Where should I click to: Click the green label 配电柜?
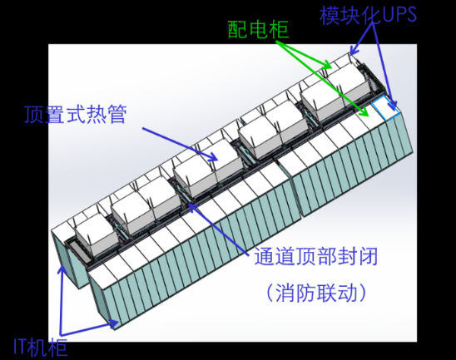coord(258,30)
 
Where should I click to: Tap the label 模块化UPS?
coord(368,14)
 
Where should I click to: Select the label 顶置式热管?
coord(76,114)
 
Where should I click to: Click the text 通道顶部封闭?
coord(316,257)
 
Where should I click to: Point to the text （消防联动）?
coord(316,293)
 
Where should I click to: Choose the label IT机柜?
coord(41,348)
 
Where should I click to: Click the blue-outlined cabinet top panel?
coord(385,107)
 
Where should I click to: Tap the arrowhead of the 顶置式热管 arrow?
coord(213,157)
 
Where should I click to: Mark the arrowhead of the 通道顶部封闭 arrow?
coord(191,206)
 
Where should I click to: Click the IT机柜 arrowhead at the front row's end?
coord(114,323)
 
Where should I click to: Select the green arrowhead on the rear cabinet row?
coord(328,65)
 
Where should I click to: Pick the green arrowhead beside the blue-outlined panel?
coord(364,113)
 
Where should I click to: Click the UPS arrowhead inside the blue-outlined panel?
coord(393,106)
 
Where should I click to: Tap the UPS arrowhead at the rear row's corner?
coord(354,51)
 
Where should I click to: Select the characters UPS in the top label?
coord(399,14)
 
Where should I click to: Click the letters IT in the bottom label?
coord(21,348)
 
